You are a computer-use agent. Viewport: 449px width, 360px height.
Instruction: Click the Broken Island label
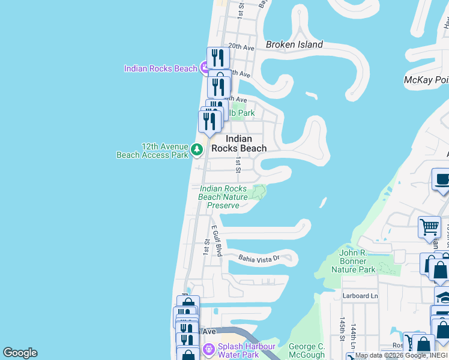294,44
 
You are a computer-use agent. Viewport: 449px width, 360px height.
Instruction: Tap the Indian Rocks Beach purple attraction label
160,68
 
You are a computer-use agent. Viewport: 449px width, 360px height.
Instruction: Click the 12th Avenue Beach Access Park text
152,150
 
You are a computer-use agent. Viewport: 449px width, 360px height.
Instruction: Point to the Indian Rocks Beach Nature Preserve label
223,197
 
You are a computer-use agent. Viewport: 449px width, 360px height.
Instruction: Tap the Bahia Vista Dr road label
259,258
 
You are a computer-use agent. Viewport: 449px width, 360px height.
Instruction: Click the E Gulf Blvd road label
217,241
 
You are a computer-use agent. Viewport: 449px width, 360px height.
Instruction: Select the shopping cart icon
429,227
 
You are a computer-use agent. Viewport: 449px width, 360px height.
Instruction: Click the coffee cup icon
442,179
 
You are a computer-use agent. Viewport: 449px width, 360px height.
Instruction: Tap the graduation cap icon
444,297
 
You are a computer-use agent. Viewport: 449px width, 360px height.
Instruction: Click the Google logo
20,353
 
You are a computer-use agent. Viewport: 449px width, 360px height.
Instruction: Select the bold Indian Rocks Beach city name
246,143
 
